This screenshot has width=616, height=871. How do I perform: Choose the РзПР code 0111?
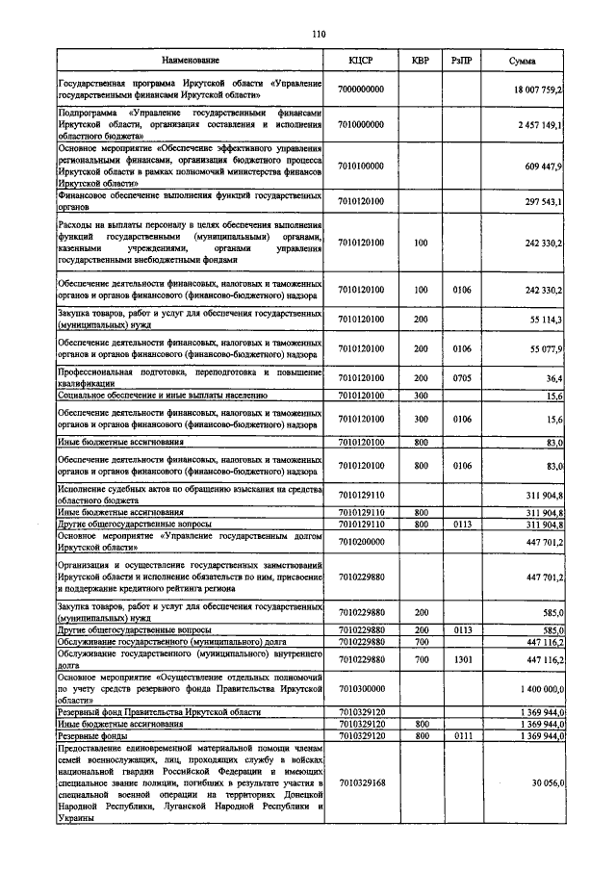pyautogui.click(x=461, y=734)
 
